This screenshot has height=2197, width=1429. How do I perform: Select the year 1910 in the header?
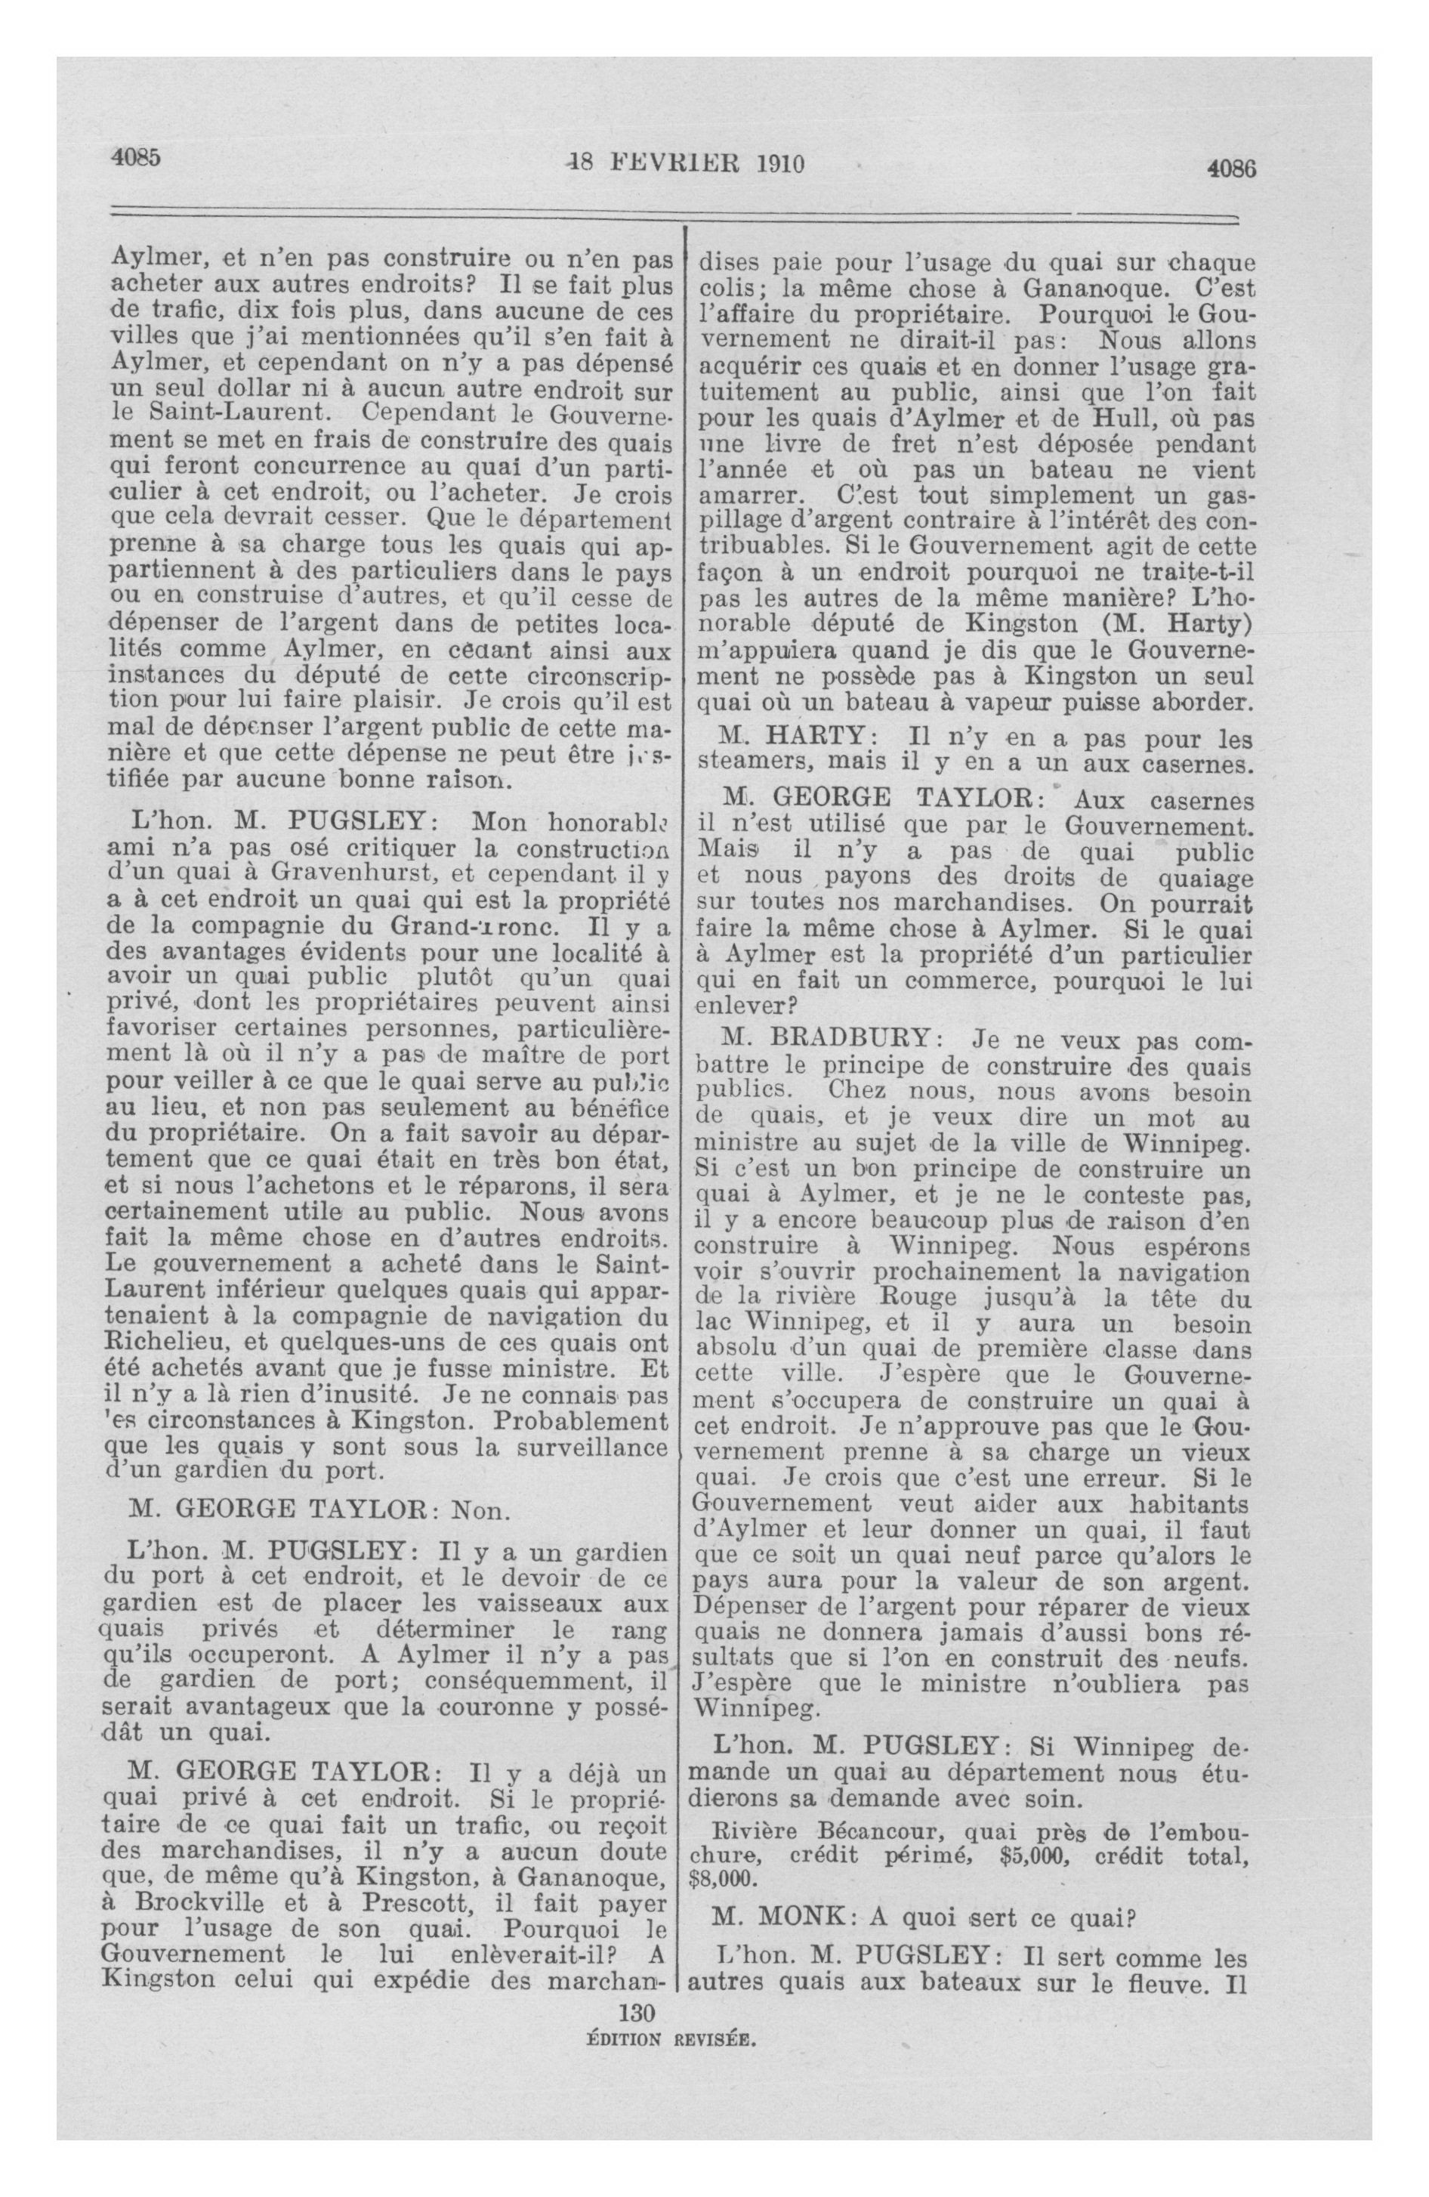click(781, 163)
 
